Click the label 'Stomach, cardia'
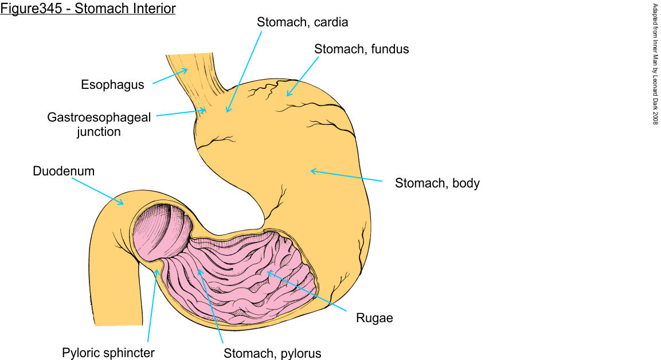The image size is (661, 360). pos(303,23)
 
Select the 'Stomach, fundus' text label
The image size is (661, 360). pos(361,49)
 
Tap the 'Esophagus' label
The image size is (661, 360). pos(112,85)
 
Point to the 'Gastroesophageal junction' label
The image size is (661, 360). pos(99,124)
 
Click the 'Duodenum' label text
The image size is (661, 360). pos(64,171)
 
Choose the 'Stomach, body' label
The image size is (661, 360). pos(437,184)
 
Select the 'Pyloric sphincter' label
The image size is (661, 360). pos(108,351)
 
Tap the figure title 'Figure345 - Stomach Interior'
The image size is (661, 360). pos(88,9)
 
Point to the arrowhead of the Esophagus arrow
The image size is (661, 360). pos(186,71)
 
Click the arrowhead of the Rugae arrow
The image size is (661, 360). pos(268,273)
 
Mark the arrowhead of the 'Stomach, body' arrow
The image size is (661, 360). pos(312,170)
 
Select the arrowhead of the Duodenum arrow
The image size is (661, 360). pos(122,204)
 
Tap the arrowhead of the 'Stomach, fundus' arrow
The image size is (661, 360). pos(288,95)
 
